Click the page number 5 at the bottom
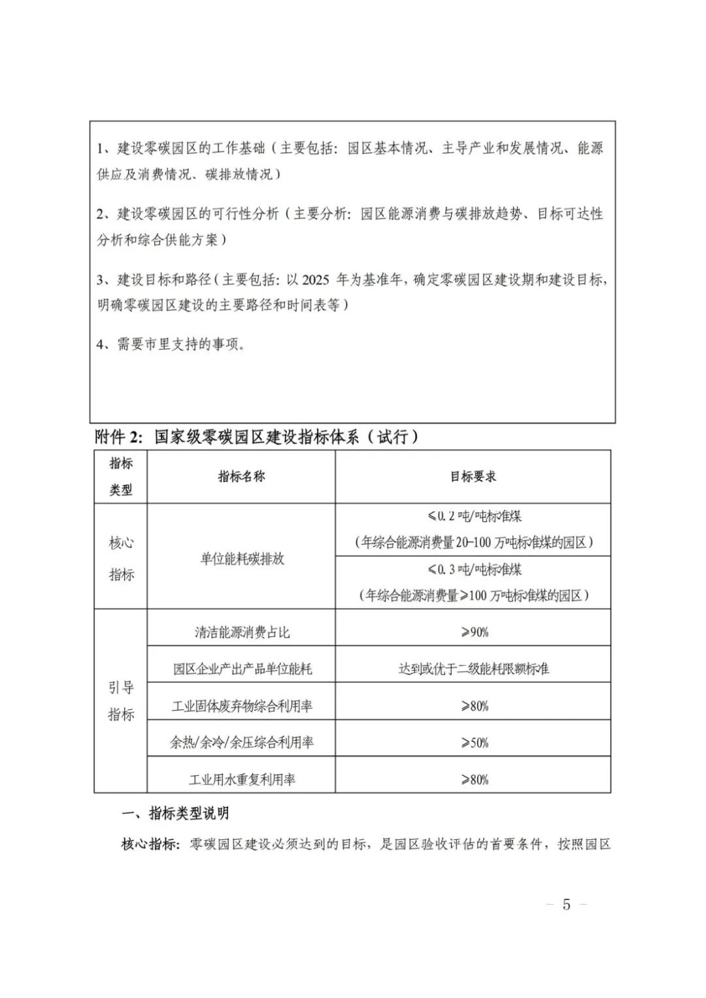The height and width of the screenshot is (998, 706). click(566, 905)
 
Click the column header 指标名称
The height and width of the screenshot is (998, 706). click(241, 476)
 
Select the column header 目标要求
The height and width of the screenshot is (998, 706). click(473, 476)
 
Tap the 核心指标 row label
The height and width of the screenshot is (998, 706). click(121, 558)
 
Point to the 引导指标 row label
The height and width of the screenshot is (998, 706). click(121, 701)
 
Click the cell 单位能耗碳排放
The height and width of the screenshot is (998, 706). click(242, 559)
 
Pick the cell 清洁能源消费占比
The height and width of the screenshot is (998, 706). click(242, 632)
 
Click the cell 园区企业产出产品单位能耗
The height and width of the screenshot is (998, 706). click(242, 668)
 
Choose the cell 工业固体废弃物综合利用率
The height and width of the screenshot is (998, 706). click(242, 705)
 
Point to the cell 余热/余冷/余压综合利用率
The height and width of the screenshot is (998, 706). click(242, 743)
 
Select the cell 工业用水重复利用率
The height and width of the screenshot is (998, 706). click(242, 779)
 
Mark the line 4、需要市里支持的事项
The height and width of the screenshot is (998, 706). click(171, 344)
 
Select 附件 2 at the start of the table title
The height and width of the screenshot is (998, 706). click(118, 437)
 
